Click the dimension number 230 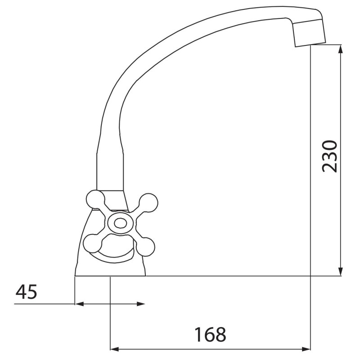pyautogui.click(x=330, y=156)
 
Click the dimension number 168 pyautogui.click(x=210, y=334)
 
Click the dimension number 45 pyautogui.click(x=26, y=292)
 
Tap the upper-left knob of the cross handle pyautogui.click(x=95, y=199)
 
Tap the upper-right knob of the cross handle pyautogui.click(x=148, y=203)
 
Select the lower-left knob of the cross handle pyautogui.click(x=92, y=243)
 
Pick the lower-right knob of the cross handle pyautogui.click(x=145, y=247)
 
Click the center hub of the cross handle pyautogui.click(x=121, y=223)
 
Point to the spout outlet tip pyautogui.click(x=310, y=45)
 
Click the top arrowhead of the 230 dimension pyautogui.click(x=341, y=49)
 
